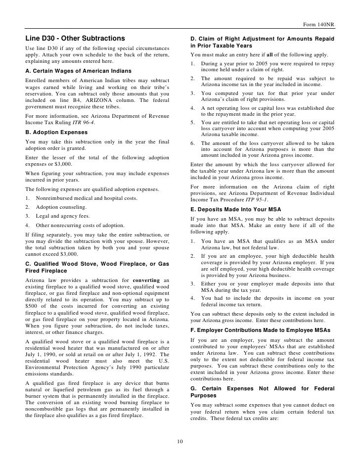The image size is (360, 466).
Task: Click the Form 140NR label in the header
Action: (319, 26)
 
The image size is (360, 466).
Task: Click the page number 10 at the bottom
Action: (180, 441)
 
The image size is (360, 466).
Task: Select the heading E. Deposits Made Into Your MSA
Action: (236, 210)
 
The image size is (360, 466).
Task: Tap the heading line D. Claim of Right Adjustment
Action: (262, 39)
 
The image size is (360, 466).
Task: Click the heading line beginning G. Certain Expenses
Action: (262, 388)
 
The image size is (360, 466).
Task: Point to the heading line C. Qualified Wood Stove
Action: (97, 264)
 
